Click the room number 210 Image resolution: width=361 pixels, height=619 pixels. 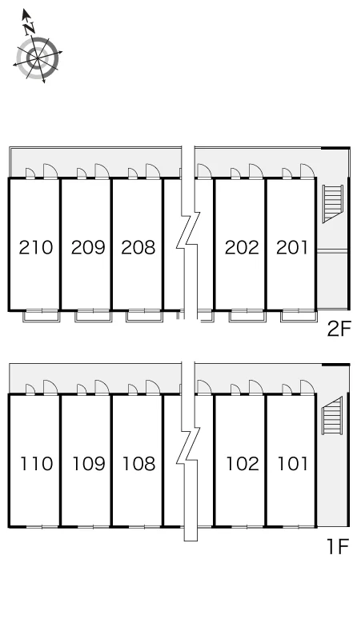36,248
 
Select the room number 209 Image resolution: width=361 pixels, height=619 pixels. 88,248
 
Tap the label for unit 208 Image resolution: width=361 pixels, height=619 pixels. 138,248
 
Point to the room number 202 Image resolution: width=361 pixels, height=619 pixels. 242,248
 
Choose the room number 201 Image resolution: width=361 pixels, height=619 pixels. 292,248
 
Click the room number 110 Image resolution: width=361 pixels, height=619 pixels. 36,464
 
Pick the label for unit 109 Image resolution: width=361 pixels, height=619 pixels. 89,464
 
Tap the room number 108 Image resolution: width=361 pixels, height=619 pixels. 138,464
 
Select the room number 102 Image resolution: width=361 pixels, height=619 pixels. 243,464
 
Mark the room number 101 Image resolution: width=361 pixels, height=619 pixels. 293,464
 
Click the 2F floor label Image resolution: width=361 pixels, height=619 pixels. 339,329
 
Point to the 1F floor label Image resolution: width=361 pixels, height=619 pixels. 338,547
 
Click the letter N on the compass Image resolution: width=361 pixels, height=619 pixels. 29,29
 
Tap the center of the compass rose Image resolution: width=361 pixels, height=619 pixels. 38,59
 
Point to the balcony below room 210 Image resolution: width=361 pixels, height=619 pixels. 41,316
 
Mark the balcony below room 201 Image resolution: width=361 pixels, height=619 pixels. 299,316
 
